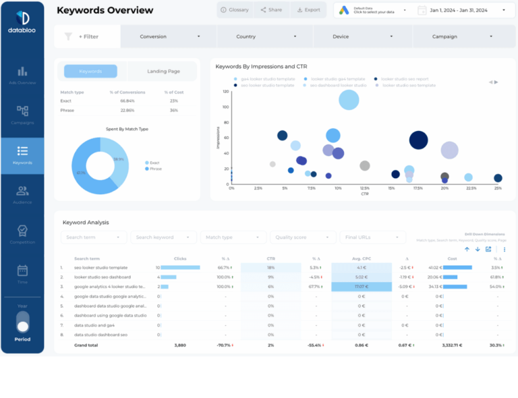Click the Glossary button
(x=235, y=10)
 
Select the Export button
(x=308, y=10)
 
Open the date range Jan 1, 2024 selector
(x=461, y=10)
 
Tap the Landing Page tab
(x=163, y=72)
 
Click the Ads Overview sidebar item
(x=22, y=75)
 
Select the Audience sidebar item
(x=22, y=195)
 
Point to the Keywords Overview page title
(x=105, y=10)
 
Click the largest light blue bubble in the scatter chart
(x=349, y=100)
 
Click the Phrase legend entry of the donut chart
(x=153, y=169)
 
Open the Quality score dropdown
(x=303, y=237)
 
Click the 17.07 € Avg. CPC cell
(x=361, y=286)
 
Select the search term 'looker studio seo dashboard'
(x=103, y=277)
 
